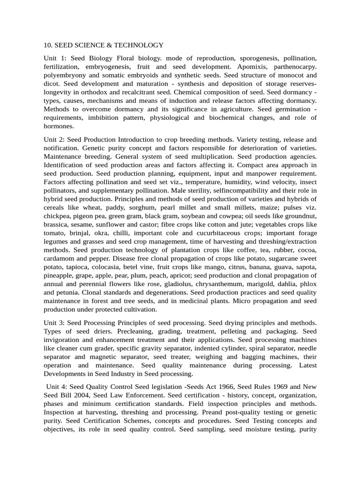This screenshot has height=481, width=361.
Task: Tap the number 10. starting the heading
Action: pos(48,45)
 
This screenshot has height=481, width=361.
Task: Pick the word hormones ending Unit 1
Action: pos(59,126)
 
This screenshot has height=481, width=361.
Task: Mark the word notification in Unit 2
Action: pos(63,148)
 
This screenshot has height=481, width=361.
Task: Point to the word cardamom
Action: pos(59,258)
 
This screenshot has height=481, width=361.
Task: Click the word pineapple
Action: pos(58,275)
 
